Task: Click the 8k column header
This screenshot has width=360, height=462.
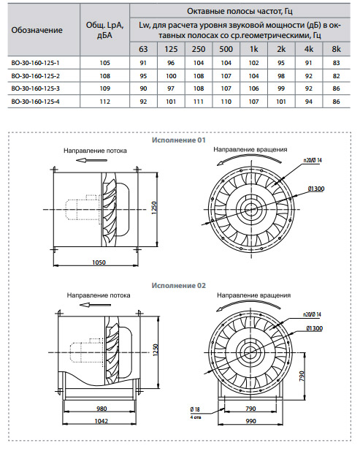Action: pyautogui.click(x=336, y=49)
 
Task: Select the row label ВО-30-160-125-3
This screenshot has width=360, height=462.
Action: pyautogui.click(x=35, y=88)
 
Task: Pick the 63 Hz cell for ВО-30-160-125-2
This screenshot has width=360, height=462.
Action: pyautogui.click(x=143, y=76)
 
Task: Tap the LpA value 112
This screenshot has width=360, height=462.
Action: pyautogui.click(x=105, y=102)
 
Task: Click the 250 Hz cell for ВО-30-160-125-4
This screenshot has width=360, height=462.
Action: pyautogui.click(x=199, y=102)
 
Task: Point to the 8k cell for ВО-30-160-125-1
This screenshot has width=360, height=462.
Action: pyautogui.click(x=336, y=63)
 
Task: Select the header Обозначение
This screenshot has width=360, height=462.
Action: pyautogui.click(x=37, y=30)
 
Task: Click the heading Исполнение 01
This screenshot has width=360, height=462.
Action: pyautogui.click(x=179, y=140)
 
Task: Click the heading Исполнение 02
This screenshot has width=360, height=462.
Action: pyautogui.click(x=179, y=286)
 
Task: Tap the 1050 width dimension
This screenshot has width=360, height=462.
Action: pyautogui.click(x=99, y=262)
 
